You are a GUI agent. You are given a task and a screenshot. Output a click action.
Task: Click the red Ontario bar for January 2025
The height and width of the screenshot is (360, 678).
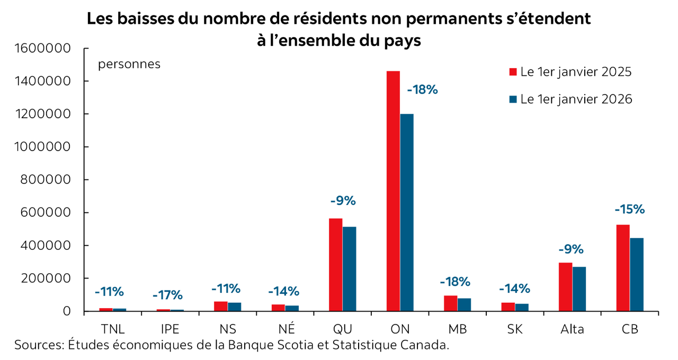[393, 191]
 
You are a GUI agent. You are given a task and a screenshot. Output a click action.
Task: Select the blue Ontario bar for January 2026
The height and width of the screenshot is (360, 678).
[407, 212]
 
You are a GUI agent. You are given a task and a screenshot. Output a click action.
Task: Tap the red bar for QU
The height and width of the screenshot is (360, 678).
[336, 265]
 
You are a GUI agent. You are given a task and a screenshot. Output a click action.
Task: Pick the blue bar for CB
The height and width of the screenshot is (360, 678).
[636, 274]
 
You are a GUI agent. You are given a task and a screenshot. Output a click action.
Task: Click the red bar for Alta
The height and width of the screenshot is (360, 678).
[565, 286]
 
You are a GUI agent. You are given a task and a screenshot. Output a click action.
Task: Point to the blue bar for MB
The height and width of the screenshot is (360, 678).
[464, 304]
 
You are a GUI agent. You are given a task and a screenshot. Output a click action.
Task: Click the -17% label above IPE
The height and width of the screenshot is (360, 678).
[167, 295]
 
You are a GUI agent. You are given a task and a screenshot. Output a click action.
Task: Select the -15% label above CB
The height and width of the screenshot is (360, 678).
[629, 209]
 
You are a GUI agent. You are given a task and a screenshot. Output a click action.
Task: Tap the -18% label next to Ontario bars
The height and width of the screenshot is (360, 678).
[422, 89]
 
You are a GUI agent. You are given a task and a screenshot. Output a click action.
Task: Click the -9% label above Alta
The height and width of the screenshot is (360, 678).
[570, 249]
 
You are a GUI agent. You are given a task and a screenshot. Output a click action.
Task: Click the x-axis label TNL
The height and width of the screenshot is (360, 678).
[112, 329]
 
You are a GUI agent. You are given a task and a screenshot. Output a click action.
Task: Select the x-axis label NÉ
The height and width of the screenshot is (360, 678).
[285, 329]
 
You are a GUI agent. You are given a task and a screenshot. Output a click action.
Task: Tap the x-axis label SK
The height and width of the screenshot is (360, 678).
[515, 329]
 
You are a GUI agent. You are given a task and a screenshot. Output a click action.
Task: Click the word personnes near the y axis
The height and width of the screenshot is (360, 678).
[129, 65]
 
